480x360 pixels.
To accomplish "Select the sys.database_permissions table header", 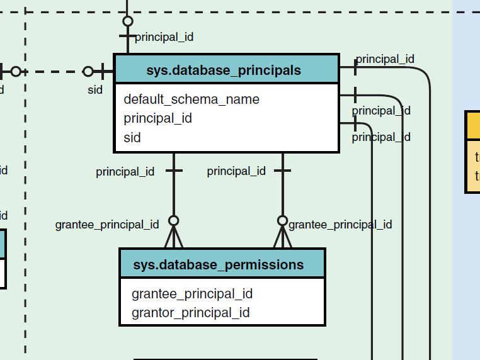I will [x=222, y=264].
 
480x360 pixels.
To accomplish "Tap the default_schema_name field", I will [x=191, y=99].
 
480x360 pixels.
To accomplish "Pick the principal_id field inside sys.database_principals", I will [x=158, y=118].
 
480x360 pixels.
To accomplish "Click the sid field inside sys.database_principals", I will [x=132, y=137].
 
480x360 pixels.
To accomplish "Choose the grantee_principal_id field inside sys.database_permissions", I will [x=192, y=294].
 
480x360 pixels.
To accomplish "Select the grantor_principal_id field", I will [x=191, y=313].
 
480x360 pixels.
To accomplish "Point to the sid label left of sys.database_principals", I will [x=95, y=90].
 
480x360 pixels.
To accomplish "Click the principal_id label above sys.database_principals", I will [x=164, y=37].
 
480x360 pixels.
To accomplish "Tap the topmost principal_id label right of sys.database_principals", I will [x=385, y=59].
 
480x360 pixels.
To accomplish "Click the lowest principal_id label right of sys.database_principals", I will [x=381, y=137].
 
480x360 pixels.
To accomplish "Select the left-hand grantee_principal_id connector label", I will [x=107, y=224].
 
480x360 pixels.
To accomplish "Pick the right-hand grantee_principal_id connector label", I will [x=340, y=224].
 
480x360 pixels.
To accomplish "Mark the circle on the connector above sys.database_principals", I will [x=128, y=21].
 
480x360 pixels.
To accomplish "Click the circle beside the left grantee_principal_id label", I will [x=174, y=220].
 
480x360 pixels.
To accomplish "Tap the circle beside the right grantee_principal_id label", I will [x=283, y=220].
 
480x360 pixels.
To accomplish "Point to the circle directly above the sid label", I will [x=88, y=72].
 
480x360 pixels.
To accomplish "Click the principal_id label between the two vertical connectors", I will [x=236, y=171].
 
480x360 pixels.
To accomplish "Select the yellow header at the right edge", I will [x=473, y=125].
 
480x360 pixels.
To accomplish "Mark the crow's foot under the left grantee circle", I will [x=174, y=239].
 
